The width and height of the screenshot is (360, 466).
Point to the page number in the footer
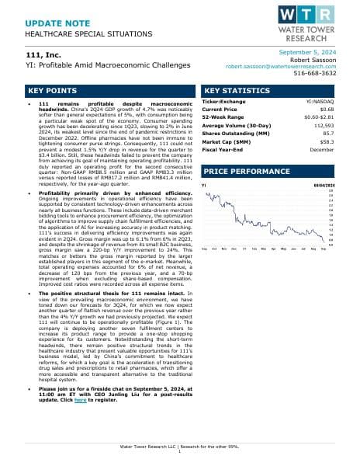tap(179, 454)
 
